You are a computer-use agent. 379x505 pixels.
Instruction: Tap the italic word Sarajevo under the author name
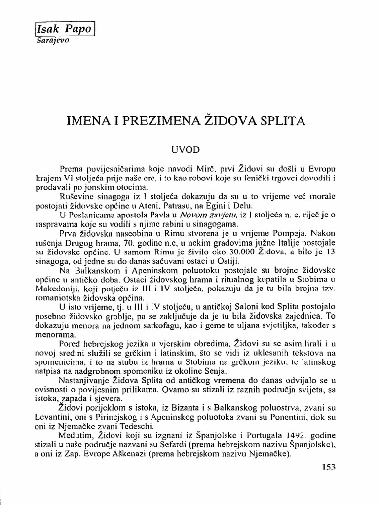click(x=52, y=41)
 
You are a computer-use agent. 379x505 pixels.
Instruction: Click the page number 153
click(x=329, y=467)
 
